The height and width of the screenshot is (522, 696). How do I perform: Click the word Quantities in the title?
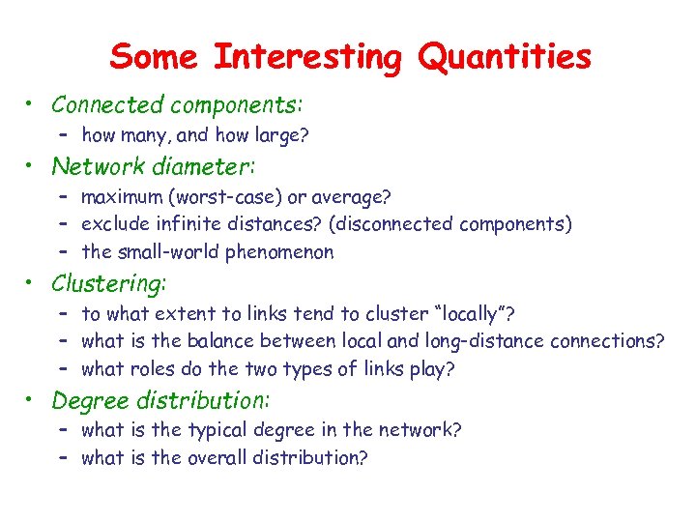pyautogui.click(x=504, y=57)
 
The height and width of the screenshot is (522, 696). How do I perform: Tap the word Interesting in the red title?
pyautogui.click(x=306, y=57)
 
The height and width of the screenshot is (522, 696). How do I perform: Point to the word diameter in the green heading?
pyautogui.click(x=205, y=166)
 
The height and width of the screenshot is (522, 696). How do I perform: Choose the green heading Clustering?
pyautogui.click(x=108, y=283)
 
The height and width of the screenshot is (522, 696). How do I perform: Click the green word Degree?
pyautogui.click(x=85, y=399)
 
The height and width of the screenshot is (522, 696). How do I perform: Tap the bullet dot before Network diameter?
pyautogui.click(x=33, y=166)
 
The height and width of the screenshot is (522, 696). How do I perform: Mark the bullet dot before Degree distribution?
pyautogui.click(x=33, y=399)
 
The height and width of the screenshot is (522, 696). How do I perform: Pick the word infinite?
pyautogui.click(x=185, y=225)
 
